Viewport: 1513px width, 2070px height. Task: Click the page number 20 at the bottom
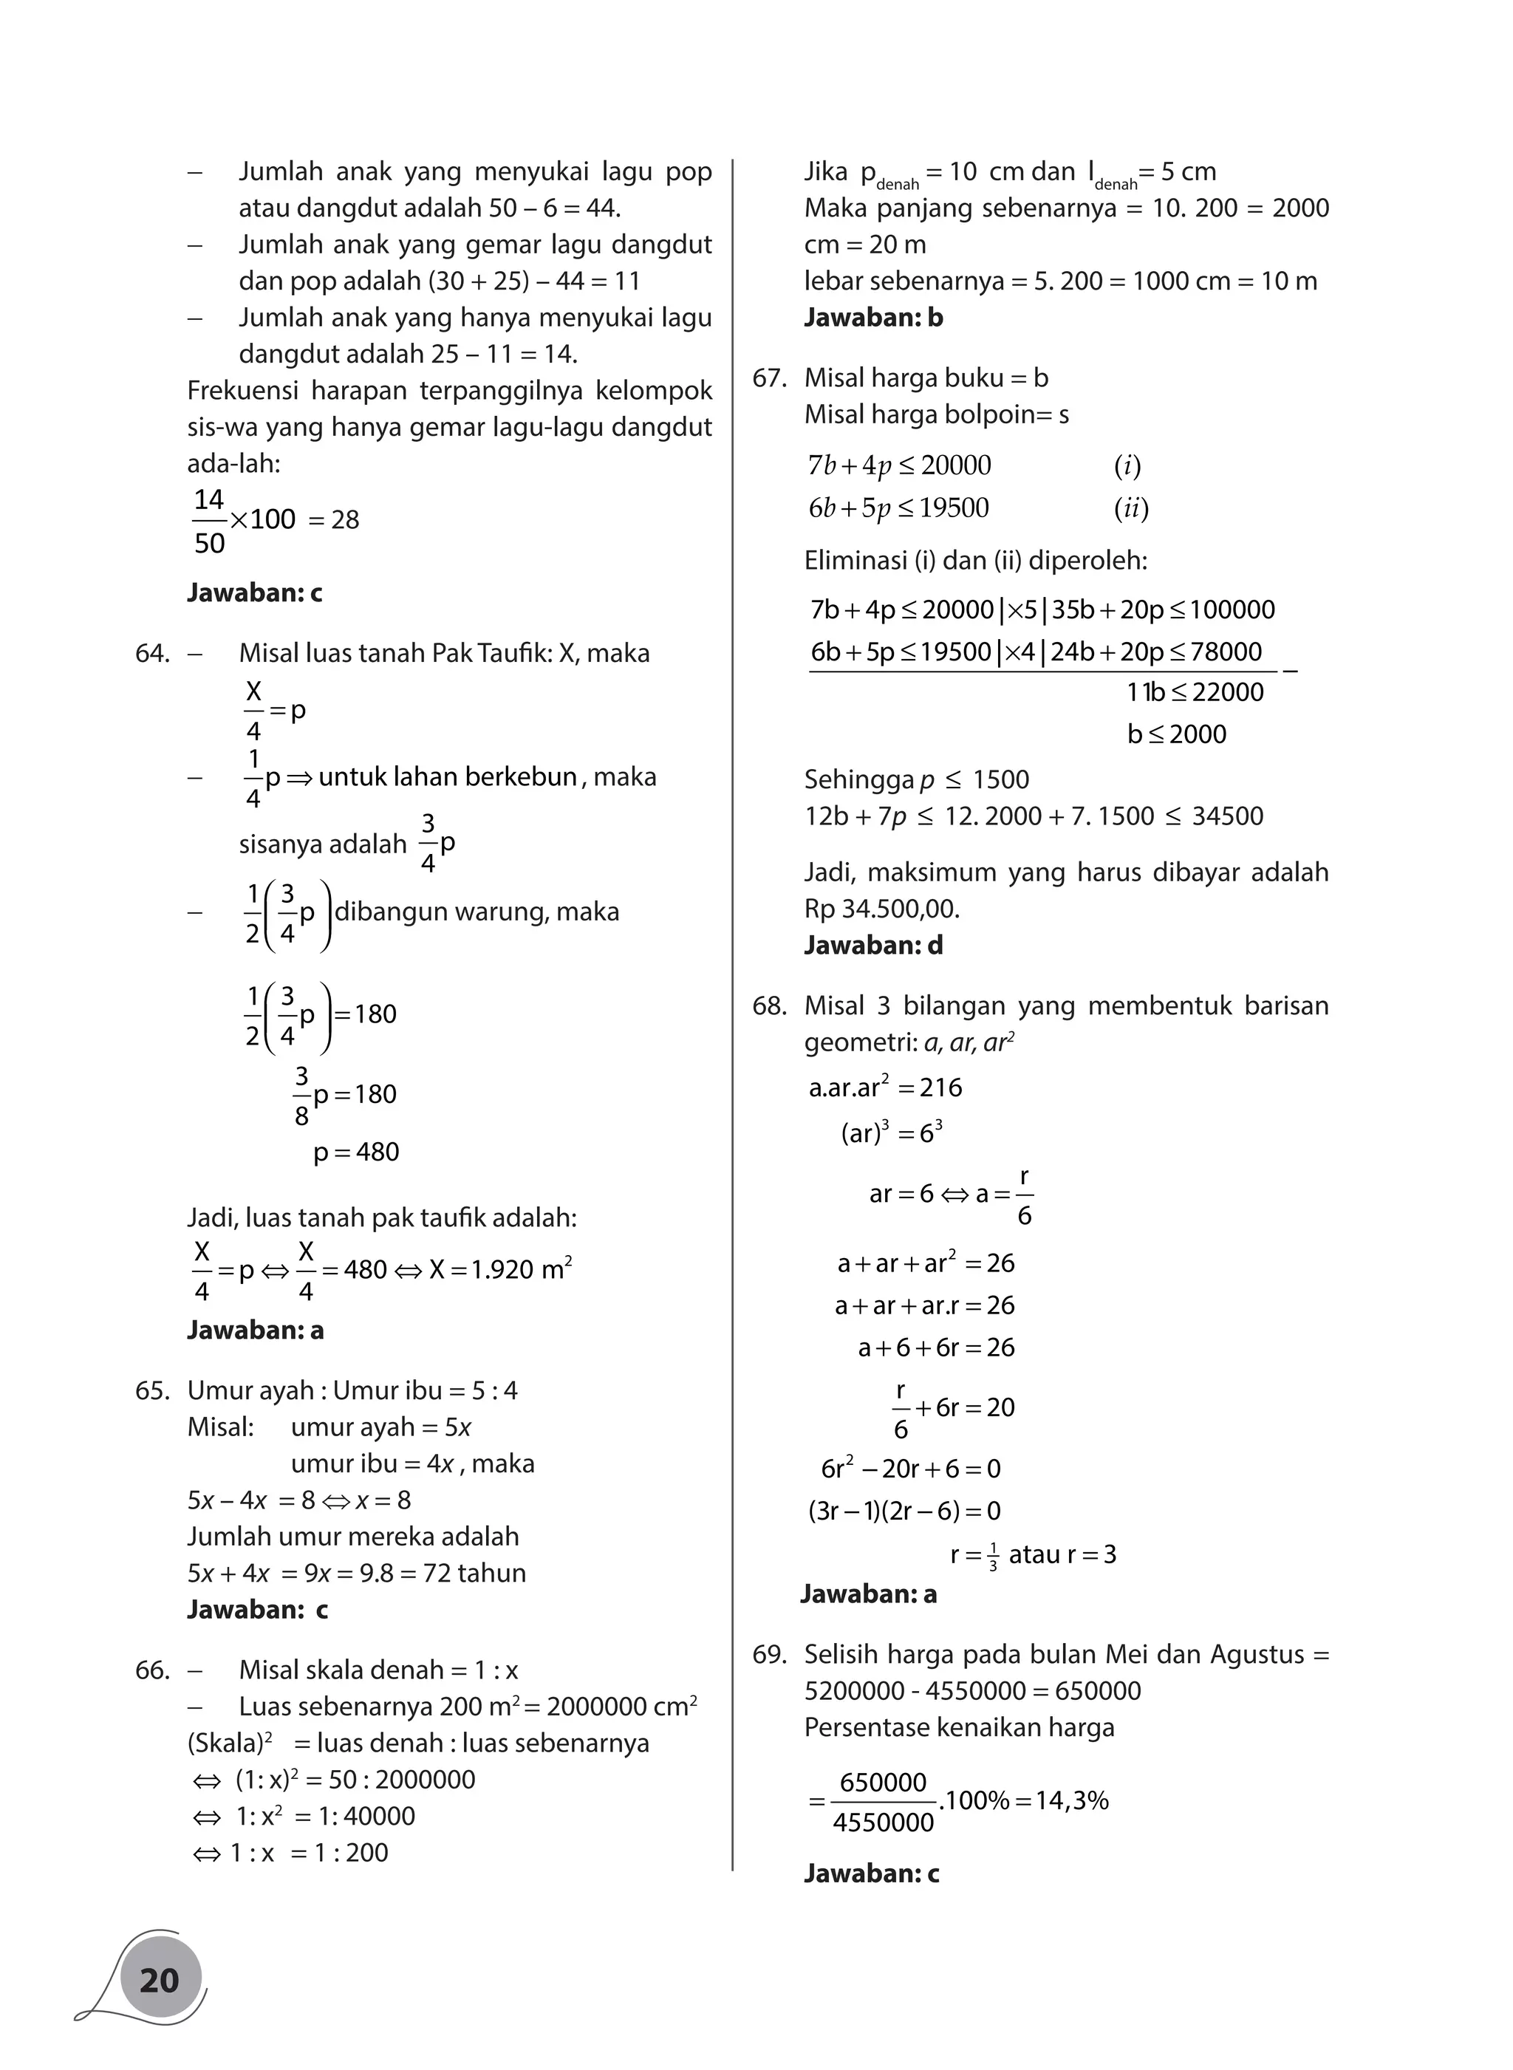click(x=160, y=1979)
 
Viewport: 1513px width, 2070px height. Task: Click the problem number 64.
click(x=152, y=653)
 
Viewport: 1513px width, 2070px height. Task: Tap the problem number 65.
click(x=152, y=1390)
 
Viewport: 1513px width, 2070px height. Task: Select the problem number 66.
click(x=152, y=1670)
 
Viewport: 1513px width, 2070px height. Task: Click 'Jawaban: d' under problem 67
click(x=872, y=945)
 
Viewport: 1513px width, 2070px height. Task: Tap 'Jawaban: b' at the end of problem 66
click(x=872, y=318)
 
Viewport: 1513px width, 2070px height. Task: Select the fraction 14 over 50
click(x=210, y=521)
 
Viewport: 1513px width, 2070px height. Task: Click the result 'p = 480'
click(x=356, y=1151)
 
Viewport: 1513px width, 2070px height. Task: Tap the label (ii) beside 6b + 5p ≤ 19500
click(x=1131, y=508)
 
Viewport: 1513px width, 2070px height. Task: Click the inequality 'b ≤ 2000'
click(x=1177, y=734)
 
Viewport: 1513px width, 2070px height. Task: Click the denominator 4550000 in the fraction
click(x=883, y=1822)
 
